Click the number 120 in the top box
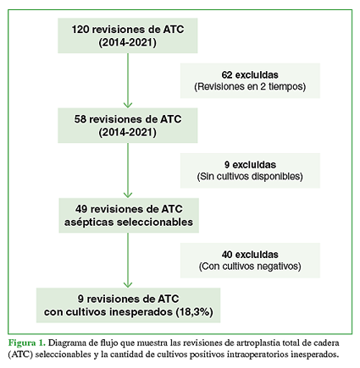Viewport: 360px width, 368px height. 80,30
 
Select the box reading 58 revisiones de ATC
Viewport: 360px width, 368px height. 128,125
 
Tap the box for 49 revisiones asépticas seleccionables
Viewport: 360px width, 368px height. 129,216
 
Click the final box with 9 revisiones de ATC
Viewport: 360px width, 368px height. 128,305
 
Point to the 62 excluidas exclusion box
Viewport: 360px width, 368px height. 250,80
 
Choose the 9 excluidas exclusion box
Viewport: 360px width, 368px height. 250,171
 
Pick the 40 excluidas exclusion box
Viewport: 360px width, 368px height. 250,261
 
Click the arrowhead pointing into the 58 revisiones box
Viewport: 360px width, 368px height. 128,105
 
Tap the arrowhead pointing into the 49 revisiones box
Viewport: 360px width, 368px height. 128,195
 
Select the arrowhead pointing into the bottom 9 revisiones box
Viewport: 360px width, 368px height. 128,284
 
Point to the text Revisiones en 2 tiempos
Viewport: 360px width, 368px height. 250,86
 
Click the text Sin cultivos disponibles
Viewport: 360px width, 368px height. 250,176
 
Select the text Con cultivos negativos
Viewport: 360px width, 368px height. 250,266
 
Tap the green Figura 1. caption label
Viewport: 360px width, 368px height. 27,343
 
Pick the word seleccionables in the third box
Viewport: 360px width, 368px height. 155,222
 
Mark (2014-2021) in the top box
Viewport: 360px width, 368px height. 128,42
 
